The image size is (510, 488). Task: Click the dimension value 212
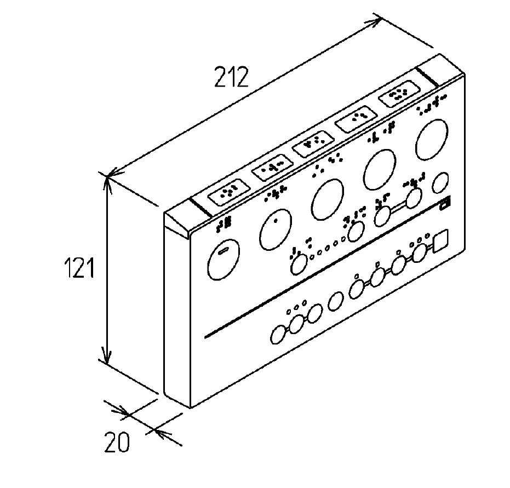tap(231, 77)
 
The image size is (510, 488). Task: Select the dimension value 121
tap(79, 267)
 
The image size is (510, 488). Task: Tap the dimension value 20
tap(117, 442)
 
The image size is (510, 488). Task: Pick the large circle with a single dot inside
tap(276, 229)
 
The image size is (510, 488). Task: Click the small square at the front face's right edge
tap(442, 240)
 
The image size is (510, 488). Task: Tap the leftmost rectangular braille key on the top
tap(229, 192)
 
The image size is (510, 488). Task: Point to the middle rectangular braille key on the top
tap(313, 143)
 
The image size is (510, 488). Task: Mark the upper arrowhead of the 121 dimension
tap(107, 183)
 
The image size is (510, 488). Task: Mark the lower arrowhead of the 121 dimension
tap(106, 354)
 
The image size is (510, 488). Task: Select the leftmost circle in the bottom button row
tap(278, 334)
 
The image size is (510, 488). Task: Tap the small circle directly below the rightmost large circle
tap(440, 183)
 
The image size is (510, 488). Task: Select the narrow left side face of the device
tap(177, 309)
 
